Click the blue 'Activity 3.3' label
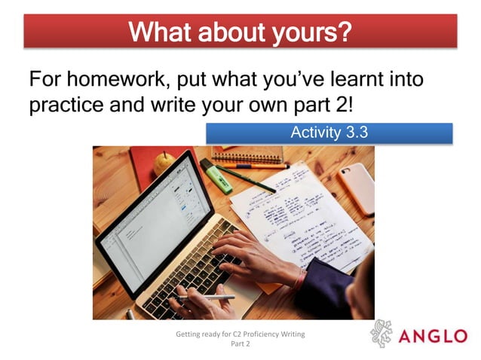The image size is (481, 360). pyautogui.click(x=329, y=133)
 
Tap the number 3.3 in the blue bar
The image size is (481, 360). pyautogui.click(x=357, y=133)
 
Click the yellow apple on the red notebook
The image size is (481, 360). pyautogui.click(x=163, y=161)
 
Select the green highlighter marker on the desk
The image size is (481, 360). pyautogui.click(x=216, y=175)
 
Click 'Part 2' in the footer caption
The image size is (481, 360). pyautogui.click(x=240, y=344)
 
